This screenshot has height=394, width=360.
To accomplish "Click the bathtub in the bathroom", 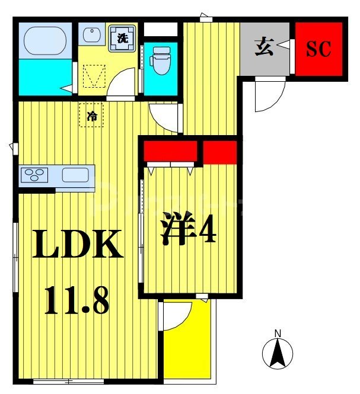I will pos(44,40).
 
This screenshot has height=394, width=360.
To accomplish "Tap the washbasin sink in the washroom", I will pos(91,36).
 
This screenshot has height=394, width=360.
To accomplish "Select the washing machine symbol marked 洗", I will pos(122,39).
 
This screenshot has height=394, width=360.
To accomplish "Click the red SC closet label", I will pos(318,49).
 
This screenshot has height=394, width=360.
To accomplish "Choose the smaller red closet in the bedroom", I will pos(220,152).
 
